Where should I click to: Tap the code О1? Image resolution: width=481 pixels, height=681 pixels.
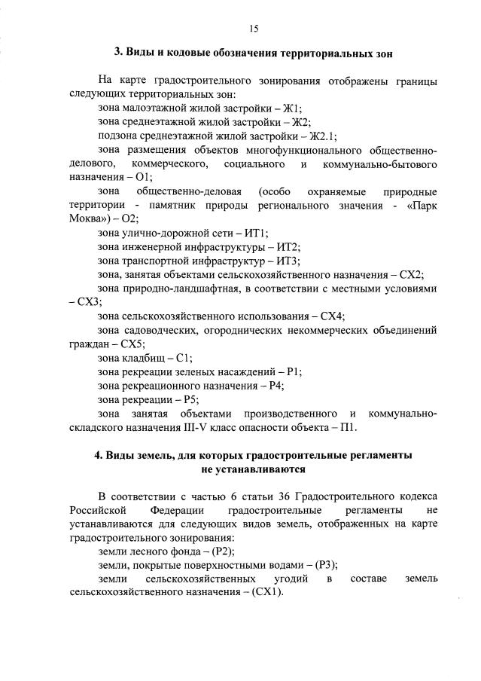pyautogui.click(x=143, y=177)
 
